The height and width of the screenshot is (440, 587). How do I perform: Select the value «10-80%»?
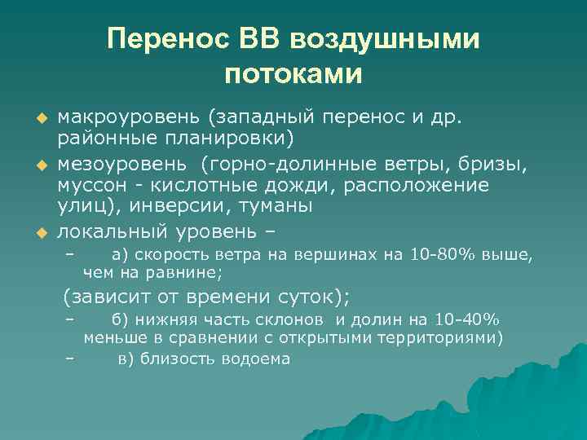click(x=439, y=256)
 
